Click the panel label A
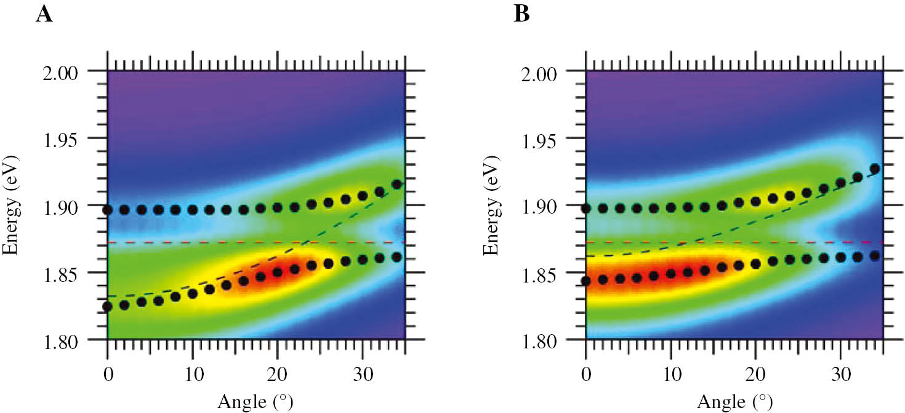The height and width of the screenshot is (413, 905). [x=44, y=14]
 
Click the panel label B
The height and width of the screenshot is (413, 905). [x=521, y=14]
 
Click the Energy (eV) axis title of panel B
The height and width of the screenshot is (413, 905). [x=490, y=206]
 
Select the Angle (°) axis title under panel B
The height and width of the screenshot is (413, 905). [x=734, y=402]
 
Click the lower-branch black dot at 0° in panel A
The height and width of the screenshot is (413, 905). [x=108, y=307]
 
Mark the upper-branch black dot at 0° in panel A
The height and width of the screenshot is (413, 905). [x=108, y=210]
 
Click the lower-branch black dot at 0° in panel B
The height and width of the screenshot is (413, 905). [x=586, y=281]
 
